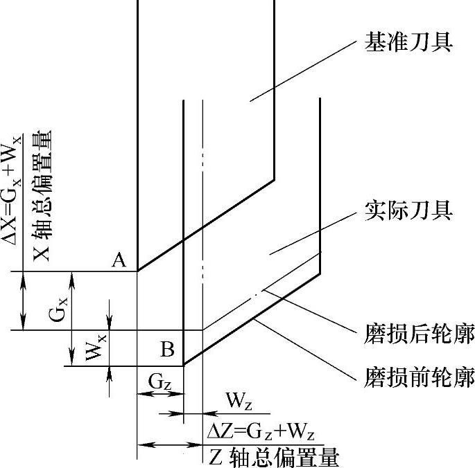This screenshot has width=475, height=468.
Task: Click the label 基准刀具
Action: (x=408, y=44)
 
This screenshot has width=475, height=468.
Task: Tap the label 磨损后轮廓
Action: (x=419, y=335)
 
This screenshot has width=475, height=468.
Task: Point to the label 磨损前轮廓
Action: (x=419, y=378)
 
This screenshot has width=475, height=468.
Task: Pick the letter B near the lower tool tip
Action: (x=167, y=349)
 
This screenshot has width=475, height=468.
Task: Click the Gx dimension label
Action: (x=59, y=314)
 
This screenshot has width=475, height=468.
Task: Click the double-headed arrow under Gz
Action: (x=160, y=393)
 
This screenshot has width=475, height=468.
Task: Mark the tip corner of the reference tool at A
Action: (x=137, y=271)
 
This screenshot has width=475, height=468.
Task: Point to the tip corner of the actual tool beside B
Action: (x=183, y=366)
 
